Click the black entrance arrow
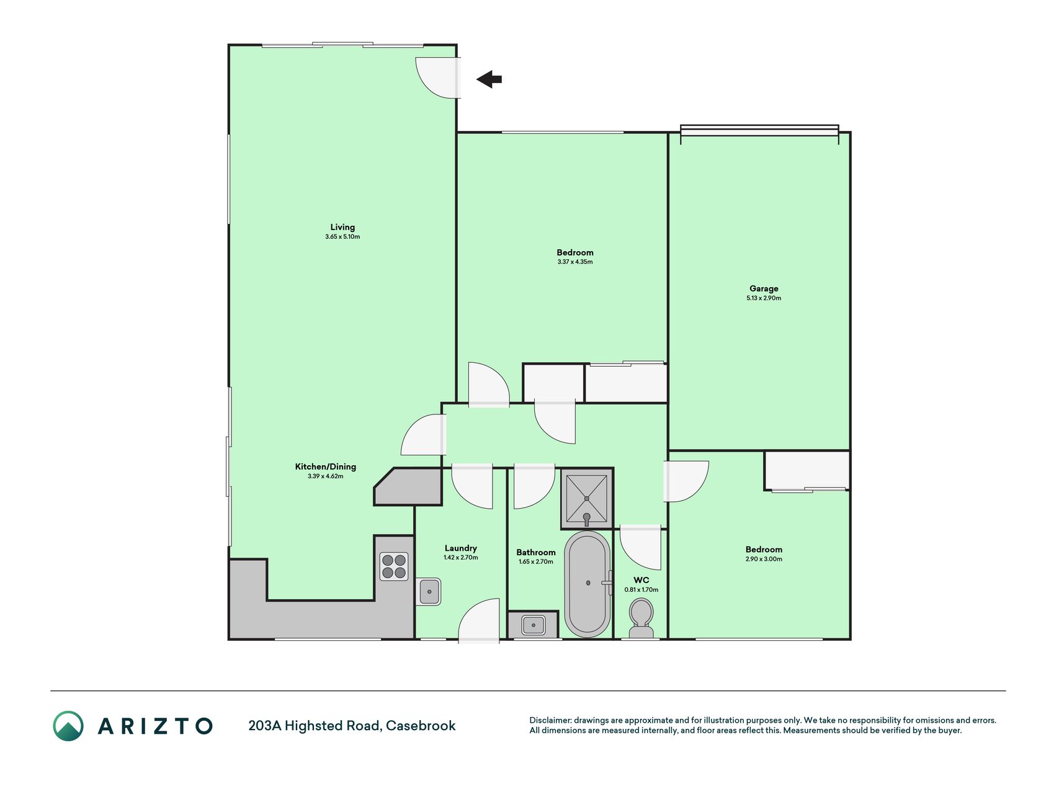(489, 79)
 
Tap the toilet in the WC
(641, 618)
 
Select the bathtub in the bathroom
(587, 584)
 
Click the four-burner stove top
(394, 566)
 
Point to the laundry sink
(429, 592)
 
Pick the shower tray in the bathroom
(587, 499)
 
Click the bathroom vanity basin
(533, 625)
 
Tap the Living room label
(342, 227)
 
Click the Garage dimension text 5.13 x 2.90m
(764, 298)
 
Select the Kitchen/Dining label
(326, 466)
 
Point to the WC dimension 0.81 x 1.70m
(641, 590)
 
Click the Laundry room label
(461, 548)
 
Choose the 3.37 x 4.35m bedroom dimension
(575, 262)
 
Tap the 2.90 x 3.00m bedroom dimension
(764, 559)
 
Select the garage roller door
(759, 131)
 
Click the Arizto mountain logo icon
(68, 726)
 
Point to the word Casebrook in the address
(421, 726)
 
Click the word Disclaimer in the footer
(550, 720)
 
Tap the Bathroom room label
(536, 552)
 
